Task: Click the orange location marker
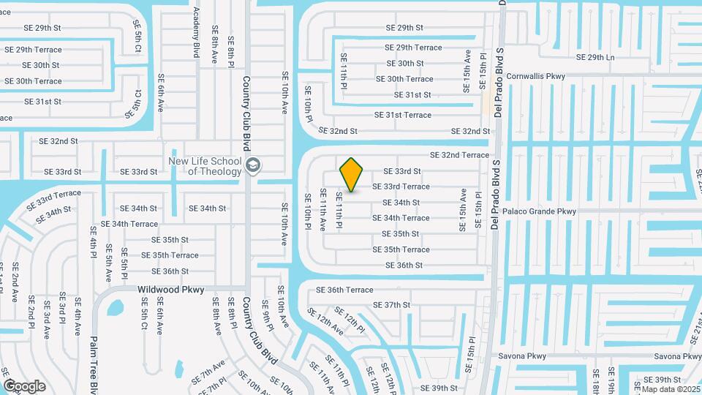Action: click(x=352, y=174)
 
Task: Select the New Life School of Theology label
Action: click(x=205, y=167)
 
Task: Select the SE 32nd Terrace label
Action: click(x=459, y=155)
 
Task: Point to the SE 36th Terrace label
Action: click(x=344, y=290)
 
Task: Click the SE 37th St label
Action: click(x=392, y=305)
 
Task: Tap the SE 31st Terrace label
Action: click(x=403, y=115)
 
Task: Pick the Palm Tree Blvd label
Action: click(x=93, y=366)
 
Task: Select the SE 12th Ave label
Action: click(x=325, y=323)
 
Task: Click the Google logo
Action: click(x=24, y=385)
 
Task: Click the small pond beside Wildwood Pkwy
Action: click(x=116, y=307)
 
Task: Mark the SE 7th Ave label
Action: click(x=208, y=372)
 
